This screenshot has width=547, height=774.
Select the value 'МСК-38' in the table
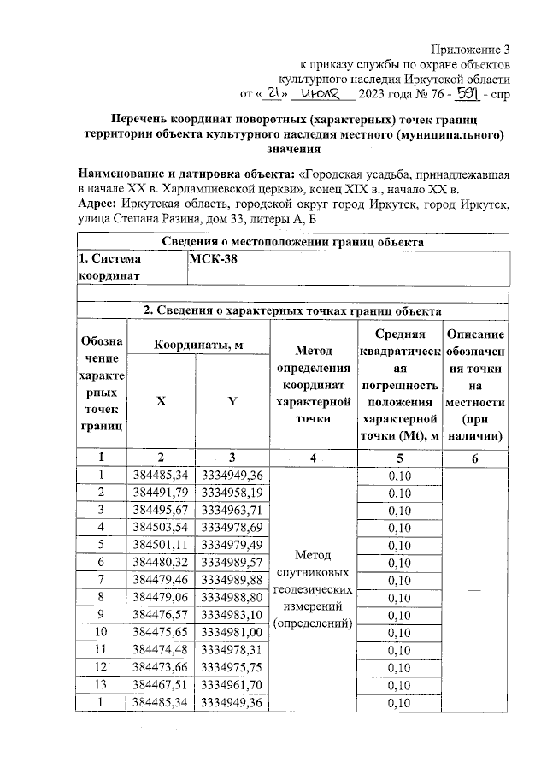(x=214, y=261)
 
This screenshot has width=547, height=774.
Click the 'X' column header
(x=161, y=400)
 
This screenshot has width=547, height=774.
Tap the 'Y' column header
(x=232, y=400)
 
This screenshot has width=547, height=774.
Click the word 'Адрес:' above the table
(x=97, y=205)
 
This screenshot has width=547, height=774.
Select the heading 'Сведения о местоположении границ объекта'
(x=292, y=241)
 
